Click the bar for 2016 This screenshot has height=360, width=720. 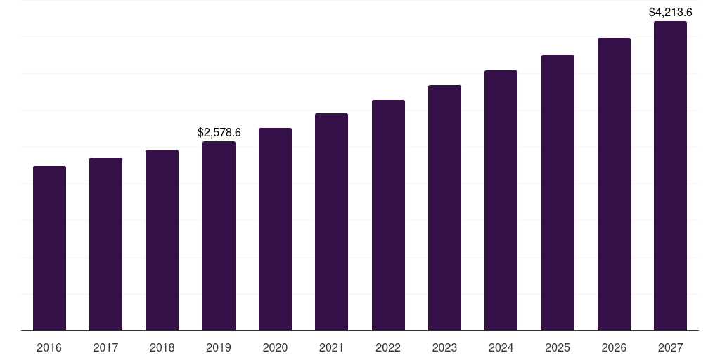click(49, 248)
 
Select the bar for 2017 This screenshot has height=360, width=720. click(105, 244)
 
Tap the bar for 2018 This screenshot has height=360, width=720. click(162, 240)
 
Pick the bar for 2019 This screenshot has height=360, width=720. click(219, 236)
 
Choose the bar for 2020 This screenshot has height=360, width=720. click(275, 229)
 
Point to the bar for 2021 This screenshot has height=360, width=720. click(331, 221)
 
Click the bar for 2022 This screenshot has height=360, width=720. click(388, 215)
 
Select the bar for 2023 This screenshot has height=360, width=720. click(444, 207)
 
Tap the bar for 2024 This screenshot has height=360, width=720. click(501, 200)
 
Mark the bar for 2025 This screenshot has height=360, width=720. click(558, 193)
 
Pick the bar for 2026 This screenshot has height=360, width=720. click(614, 184)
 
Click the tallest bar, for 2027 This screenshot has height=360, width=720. click(670, 176)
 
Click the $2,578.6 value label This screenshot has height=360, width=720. click(219, 132)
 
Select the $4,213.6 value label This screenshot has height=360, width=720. click(670, 12)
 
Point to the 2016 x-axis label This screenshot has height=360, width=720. click(49, 347)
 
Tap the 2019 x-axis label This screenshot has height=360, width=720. click(219, 347)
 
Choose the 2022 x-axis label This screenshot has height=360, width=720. click(388, 347)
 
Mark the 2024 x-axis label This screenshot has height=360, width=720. click(501, 347)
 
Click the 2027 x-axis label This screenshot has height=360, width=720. click(670, 347)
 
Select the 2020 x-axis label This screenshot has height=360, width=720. click(275, 347)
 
